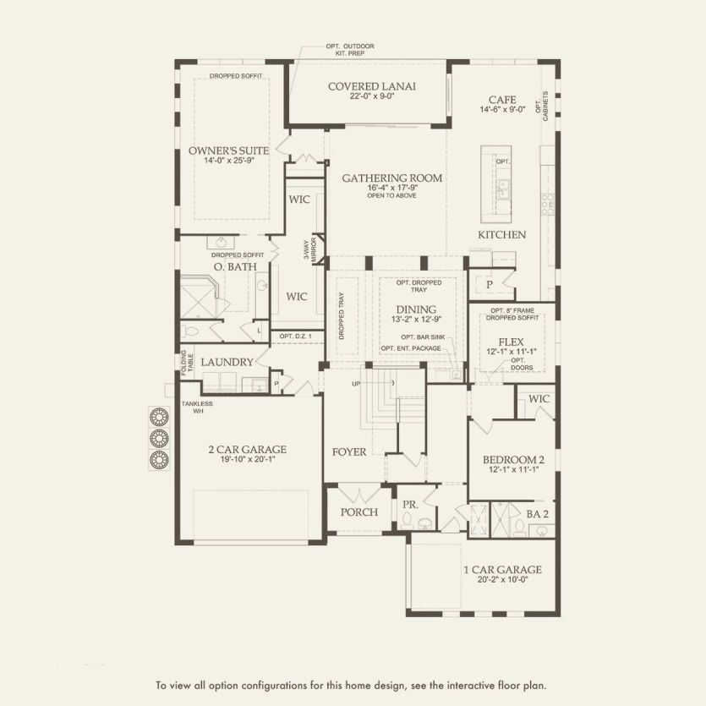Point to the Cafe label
501,99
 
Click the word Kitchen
502,234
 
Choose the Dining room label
415,309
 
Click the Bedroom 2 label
513,460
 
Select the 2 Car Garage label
248,449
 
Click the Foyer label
349,452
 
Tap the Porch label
358,512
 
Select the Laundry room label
227,362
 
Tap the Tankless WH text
195,408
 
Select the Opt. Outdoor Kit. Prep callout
349,49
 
